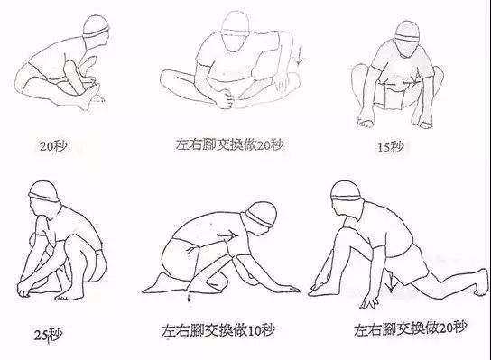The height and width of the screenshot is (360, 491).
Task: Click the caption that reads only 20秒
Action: click(53, 146)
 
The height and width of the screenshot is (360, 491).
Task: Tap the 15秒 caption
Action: click(390, 146)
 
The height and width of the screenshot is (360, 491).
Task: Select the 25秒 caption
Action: click(48, 335)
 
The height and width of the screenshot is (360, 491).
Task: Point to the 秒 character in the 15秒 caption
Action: click(397, 146)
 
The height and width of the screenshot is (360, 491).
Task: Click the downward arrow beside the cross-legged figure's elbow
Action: click(300, 55)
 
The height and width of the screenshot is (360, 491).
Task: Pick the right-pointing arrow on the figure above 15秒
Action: click(410, 83)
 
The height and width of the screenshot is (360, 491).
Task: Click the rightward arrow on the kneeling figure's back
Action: click(227, 235)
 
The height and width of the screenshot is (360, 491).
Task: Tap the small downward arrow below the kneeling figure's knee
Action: click(189, 298)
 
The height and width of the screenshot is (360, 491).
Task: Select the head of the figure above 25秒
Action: click(44, 198)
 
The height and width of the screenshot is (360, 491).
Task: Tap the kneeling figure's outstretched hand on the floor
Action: click(288, 289)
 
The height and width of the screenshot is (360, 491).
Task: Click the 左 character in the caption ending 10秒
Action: click(169, 330)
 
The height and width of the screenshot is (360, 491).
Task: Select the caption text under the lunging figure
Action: click(411, 328)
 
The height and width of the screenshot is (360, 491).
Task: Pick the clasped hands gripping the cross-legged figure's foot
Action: click(226, 97)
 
